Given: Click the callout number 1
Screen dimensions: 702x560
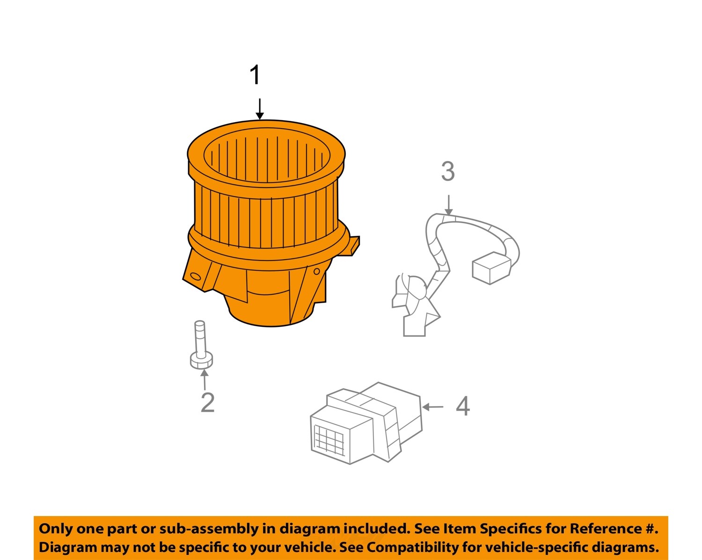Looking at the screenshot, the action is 255,75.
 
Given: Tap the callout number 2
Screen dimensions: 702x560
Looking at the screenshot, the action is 207,402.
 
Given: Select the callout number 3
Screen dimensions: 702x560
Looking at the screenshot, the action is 448,171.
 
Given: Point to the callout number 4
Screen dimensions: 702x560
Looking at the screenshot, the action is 463,407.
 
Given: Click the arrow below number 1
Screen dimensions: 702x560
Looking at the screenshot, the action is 260,109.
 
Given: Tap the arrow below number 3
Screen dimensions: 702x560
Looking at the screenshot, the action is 449,205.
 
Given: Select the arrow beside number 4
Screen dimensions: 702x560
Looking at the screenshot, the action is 432,407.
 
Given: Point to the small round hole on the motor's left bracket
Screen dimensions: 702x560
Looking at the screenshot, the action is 196,276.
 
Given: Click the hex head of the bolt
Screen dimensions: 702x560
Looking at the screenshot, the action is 202,361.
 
